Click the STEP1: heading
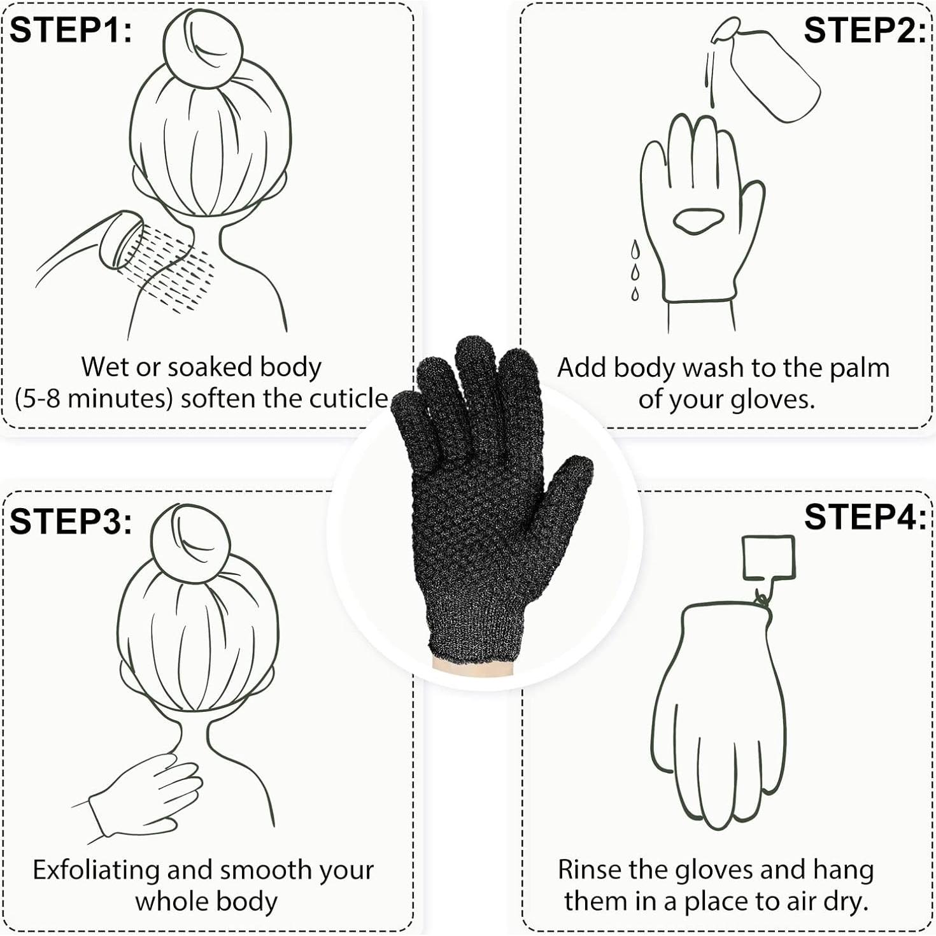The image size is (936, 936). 71,30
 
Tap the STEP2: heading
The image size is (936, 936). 864,30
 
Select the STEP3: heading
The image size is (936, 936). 71,521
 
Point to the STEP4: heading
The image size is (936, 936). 864,516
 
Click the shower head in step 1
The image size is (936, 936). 124,239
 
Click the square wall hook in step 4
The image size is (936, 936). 769,558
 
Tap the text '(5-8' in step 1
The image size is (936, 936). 38,399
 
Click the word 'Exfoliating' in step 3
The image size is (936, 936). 96,870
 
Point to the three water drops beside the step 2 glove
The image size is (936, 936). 635,270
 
